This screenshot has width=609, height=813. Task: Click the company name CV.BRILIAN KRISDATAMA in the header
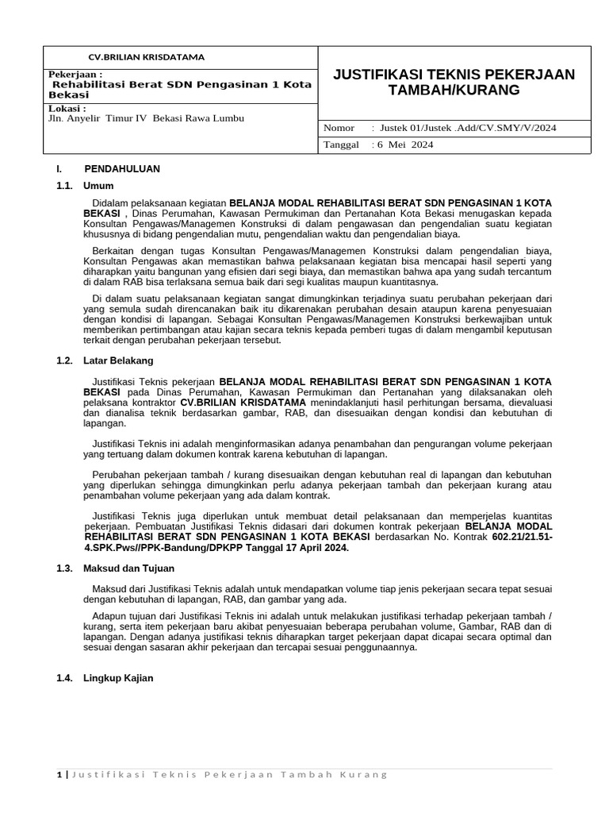146,57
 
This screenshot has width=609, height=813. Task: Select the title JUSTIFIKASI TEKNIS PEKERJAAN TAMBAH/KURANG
454,83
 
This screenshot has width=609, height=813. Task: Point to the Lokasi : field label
67,108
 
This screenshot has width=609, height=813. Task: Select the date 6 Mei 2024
407,144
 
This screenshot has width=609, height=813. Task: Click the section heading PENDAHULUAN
122,169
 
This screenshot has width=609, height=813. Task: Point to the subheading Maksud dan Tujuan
128,568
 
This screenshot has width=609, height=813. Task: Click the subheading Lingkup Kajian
118,678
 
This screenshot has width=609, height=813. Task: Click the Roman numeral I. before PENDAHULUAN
59,169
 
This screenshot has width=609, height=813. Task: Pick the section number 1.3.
65,568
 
